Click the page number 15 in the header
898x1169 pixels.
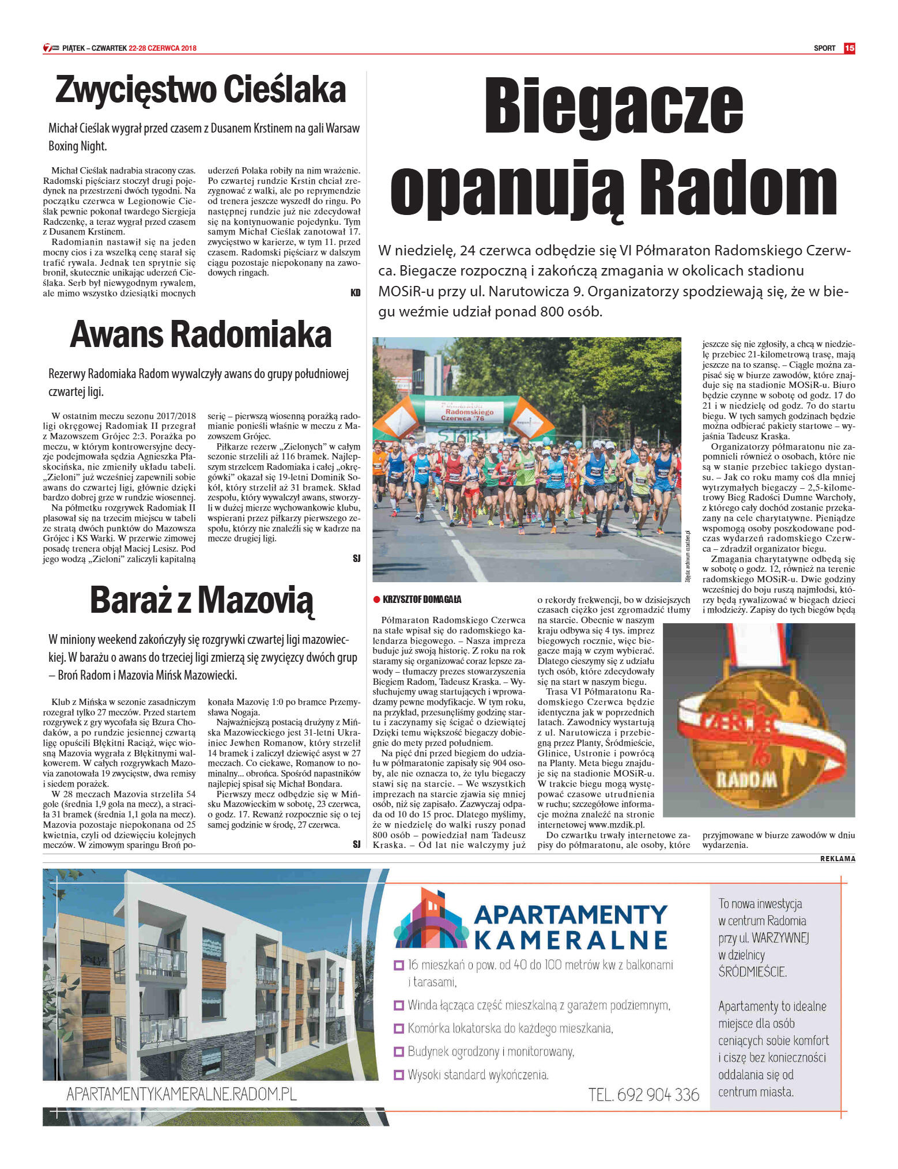click(x=849, y=48)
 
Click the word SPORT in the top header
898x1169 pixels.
click(x=824, y=48)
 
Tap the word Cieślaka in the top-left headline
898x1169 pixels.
click(x=284, y=90)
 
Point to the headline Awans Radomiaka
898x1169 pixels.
click(x=201, y=335)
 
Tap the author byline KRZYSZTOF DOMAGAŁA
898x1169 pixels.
click(x=422, y=599)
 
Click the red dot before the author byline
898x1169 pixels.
click(x=376, y=599)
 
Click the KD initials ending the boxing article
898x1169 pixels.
click(x=355, y=293)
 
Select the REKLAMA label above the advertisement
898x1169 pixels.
click(x=837, y=859)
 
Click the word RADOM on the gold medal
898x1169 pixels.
click(x=748, y=780)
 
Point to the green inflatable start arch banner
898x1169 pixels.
click(x=464, y=413)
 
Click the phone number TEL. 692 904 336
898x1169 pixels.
click(x=643, y=1095)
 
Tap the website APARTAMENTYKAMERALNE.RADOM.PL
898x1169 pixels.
click(x=182, y=1094)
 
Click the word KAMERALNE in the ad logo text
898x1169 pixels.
click(x=571, y=940)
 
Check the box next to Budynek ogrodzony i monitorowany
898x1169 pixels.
click(x=398, y=1051)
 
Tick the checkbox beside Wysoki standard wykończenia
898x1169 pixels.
click(x=398, y=1075)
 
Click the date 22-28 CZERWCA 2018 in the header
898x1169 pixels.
click(x=163, y=48)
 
